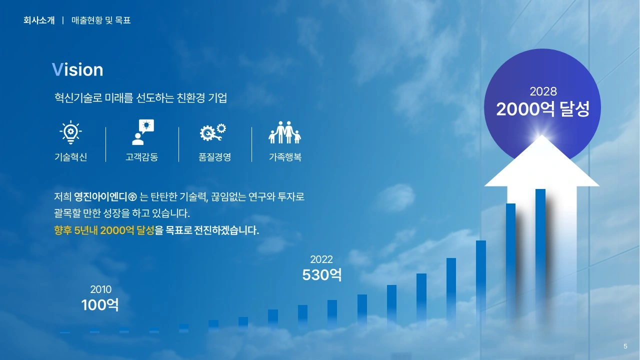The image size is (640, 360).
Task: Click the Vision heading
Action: (x=77, y=69)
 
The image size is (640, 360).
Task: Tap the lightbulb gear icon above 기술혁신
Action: (x=70, y=132)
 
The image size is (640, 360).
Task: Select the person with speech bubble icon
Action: (x=143, y=132)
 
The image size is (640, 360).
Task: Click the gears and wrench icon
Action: (x=213, y=132)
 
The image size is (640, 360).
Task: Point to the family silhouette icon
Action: (x=284, y=132)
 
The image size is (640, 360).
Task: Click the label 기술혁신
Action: (x=70, y=157)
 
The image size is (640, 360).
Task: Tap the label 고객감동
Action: (x=141, y=157)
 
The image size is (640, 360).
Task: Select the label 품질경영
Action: (x=215, y=157)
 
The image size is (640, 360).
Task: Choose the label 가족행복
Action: (x=285, y=157)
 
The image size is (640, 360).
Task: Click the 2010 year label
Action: (x=101, y=289)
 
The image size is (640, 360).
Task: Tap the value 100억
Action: (x=100, y=304)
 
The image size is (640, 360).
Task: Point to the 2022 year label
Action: (x=321, y=259)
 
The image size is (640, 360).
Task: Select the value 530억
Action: (x=321, y=274)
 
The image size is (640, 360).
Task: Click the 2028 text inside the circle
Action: (x=543, y=91)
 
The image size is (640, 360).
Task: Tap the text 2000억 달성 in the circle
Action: (x=543, y=109)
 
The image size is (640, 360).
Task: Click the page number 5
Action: (x=625, y=346)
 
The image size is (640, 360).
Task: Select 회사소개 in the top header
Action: (x=39, y=20)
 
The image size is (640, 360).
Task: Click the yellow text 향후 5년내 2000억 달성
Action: (x=104, y=230)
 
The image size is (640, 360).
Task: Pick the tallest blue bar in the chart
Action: (x=540, y=257)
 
